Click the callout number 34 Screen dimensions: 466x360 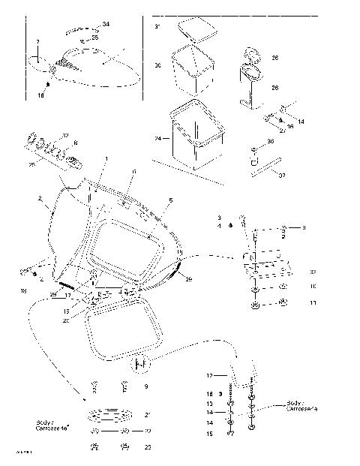point(105,26)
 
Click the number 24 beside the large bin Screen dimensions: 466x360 point(158,139)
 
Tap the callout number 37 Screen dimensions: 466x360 point(283,176)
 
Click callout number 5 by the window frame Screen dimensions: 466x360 point(170,201)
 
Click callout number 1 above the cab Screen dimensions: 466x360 point(106,158)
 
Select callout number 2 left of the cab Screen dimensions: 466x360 point(39,200)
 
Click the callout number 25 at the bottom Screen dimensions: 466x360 point(147,448)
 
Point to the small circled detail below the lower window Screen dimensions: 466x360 point(139,365)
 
